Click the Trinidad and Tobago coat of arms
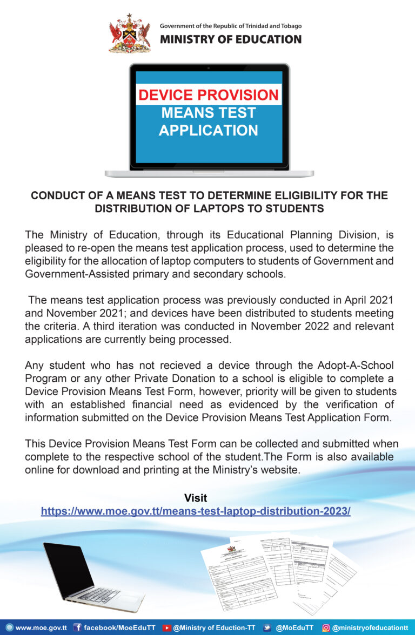click(129, 33)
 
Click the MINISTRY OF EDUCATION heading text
click(230, 39)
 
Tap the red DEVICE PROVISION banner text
click(209, 95)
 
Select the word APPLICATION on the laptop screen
click(209, 131)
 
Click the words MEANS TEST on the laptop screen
click(209, 113)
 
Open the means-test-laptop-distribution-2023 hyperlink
click(196, 511)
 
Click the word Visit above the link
click(196, 498)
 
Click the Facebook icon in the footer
click(77, 627)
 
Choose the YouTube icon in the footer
click(167, 627)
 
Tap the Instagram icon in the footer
click(326, 627)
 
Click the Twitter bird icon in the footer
click(267, 627)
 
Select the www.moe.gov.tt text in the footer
click(41, 627)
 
